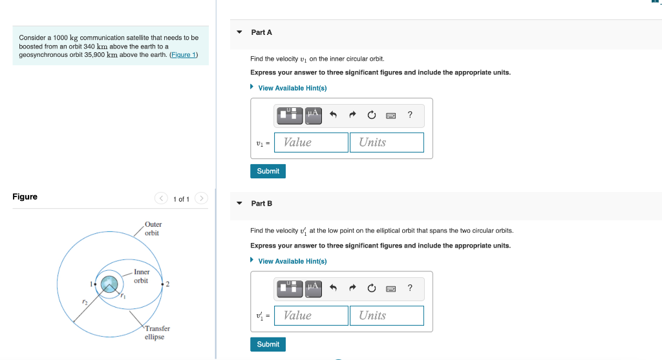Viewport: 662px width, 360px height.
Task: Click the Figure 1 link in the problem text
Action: coord(183,55)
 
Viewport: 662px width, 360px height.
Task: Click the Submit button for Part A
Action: coord(268,171)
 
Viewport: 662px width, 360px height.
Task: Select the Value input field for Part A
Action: coord(311,142)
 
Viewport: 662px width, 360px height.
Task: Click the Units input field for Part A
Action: coord(387,142)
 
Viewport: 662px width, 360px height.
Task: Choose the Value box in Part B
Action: coord(311,315)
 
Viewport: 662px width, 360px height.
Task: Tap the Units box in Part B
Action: coord(387,315)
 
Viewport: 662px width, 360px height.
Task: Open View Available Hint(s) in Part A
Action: coord(292,88)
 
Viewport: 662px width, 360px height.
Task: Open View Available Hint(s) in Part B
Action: coord(292,261)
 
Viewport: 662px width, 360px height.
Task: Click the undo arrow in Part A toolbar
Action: coord(333,114)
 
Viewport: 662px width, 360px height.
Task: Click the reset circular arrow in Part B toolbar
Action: coord(372,288)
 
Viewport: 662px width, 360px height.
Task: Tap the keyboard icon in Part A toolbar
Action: coord(391,115)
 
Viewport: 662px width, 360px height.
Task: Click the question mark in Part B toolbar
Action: coord(410,288)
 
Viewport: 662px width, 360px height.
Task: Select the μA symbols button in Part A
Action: coord(314,116)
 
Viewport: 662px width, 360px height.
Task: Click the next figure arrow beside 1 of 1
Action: coord(202,198)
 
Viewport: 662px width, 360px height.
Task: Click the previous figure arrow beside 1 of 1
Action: coord(161,198)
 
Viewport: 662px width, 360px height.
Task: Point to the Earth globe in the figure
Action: coord(109,284)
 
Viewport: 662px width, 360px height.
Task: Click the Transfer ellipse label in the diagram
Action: coord(157,333)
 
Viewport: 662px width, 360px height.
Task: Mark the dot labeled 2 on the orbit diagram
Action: coord(162,284)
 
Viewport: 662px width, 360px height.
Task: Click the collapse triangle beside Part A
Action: coord(239,32)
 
